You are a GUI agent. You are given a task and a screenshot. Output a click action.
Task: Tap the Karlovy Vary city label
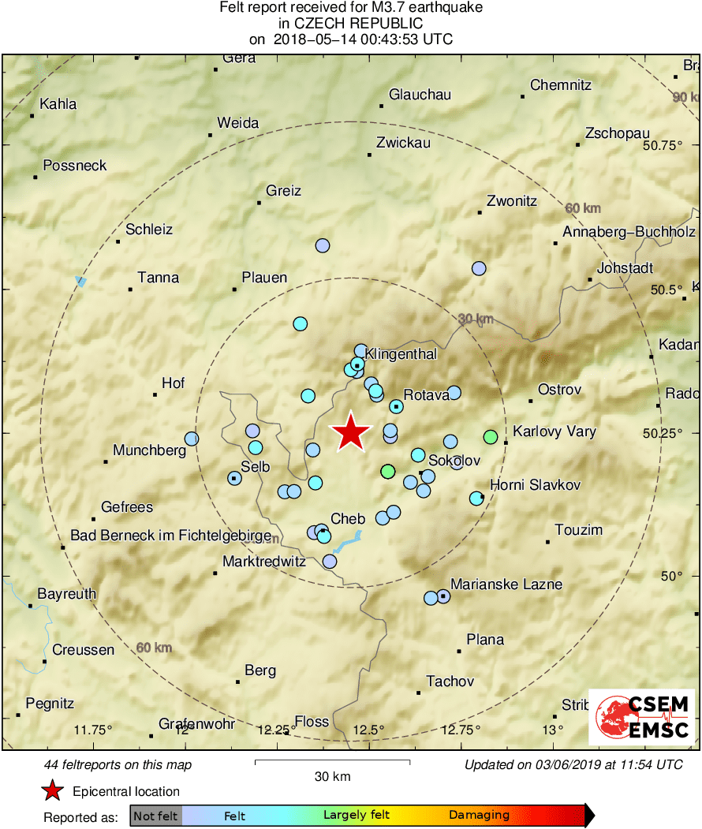(554, 431)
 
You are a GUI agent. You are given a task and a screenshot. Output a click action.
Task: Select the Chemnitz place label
(560, 84)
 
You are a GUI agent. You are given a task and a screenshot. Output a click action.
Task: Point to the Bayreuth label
(67, 594)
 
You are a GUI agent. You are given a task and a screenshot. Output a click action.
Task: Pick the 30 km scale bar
(332, 762)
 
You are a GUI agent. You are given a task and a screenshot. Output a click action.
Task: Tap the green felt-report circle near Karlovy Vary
(491, 436)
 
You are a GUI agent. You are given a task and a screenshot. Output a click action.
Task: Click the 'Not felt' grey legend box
(155, 816)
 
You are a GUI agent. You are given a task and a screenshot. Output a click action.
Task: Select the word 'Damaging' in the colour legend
(479, 816)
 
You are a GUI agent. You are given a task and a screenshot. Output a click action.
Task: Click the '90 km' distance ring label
(685, 97)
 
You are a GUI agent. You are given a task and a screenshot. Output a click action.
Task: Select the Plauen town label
(264, 278)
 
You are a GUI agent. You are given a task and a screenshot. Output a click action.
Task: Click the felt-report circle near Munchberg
(192, 439)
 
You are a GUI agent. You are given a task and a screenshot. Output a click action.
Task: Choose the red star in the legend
(52, 790)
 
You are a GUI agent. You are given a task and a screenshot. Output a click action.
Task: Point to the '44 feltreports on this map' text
(118, 764)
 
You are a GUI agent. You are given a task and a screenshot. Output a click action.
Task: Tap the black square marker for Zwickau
(369, 155)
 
